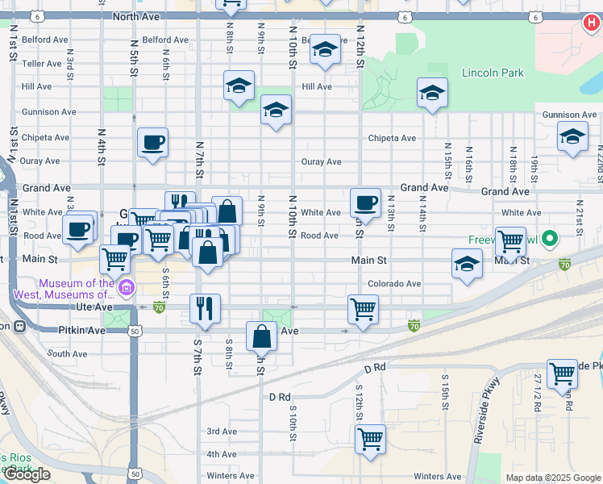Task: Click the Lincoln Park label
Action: click(493, 73)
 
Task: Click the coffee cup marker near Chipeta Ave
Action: click(152, 144)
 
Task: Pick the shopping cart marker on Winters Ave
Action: click(370, 440)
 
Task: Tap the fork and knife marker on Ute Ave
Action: click(205, 308)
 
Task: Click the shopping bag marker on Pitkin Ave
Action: click(262, 336)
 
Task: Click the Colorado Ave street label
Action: click(394, 284)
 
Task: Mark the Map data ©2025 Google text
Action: click(552, 478)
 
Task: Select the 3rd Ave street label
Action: click(222, 432)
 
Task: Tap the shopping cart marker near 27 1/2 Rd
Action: click(562, 373)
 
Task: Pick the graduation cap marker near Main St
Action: click(467, 264)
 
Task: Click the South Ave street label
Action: click(67, 353)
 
